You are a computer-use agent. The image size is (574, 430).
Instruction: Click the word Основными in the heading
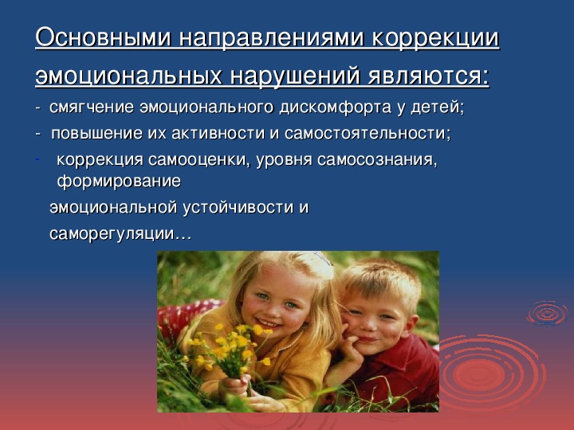pyautogui.click(x=103, y=37)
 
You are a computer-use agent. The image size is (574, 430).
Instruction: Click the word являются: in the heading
pyautogui.click(x=429, y=76)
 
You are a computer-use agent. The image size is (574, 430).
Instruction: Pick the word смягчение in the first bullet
pyautogui.click(x=92, y=107)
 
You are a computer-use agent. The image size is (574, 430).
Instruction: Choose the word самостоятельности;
pyautogui.click(x=368, y=133)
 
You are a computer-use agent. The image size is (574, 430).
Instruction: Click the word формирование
pyautogui.click(x=119, y=182)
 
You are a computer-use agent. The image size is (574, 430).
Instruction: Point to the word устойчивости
pyautogui.click(x=238, y=208)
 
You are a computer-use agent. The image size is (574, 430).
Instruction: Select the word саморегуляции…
pyautogui.click(x=120, y=234)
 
